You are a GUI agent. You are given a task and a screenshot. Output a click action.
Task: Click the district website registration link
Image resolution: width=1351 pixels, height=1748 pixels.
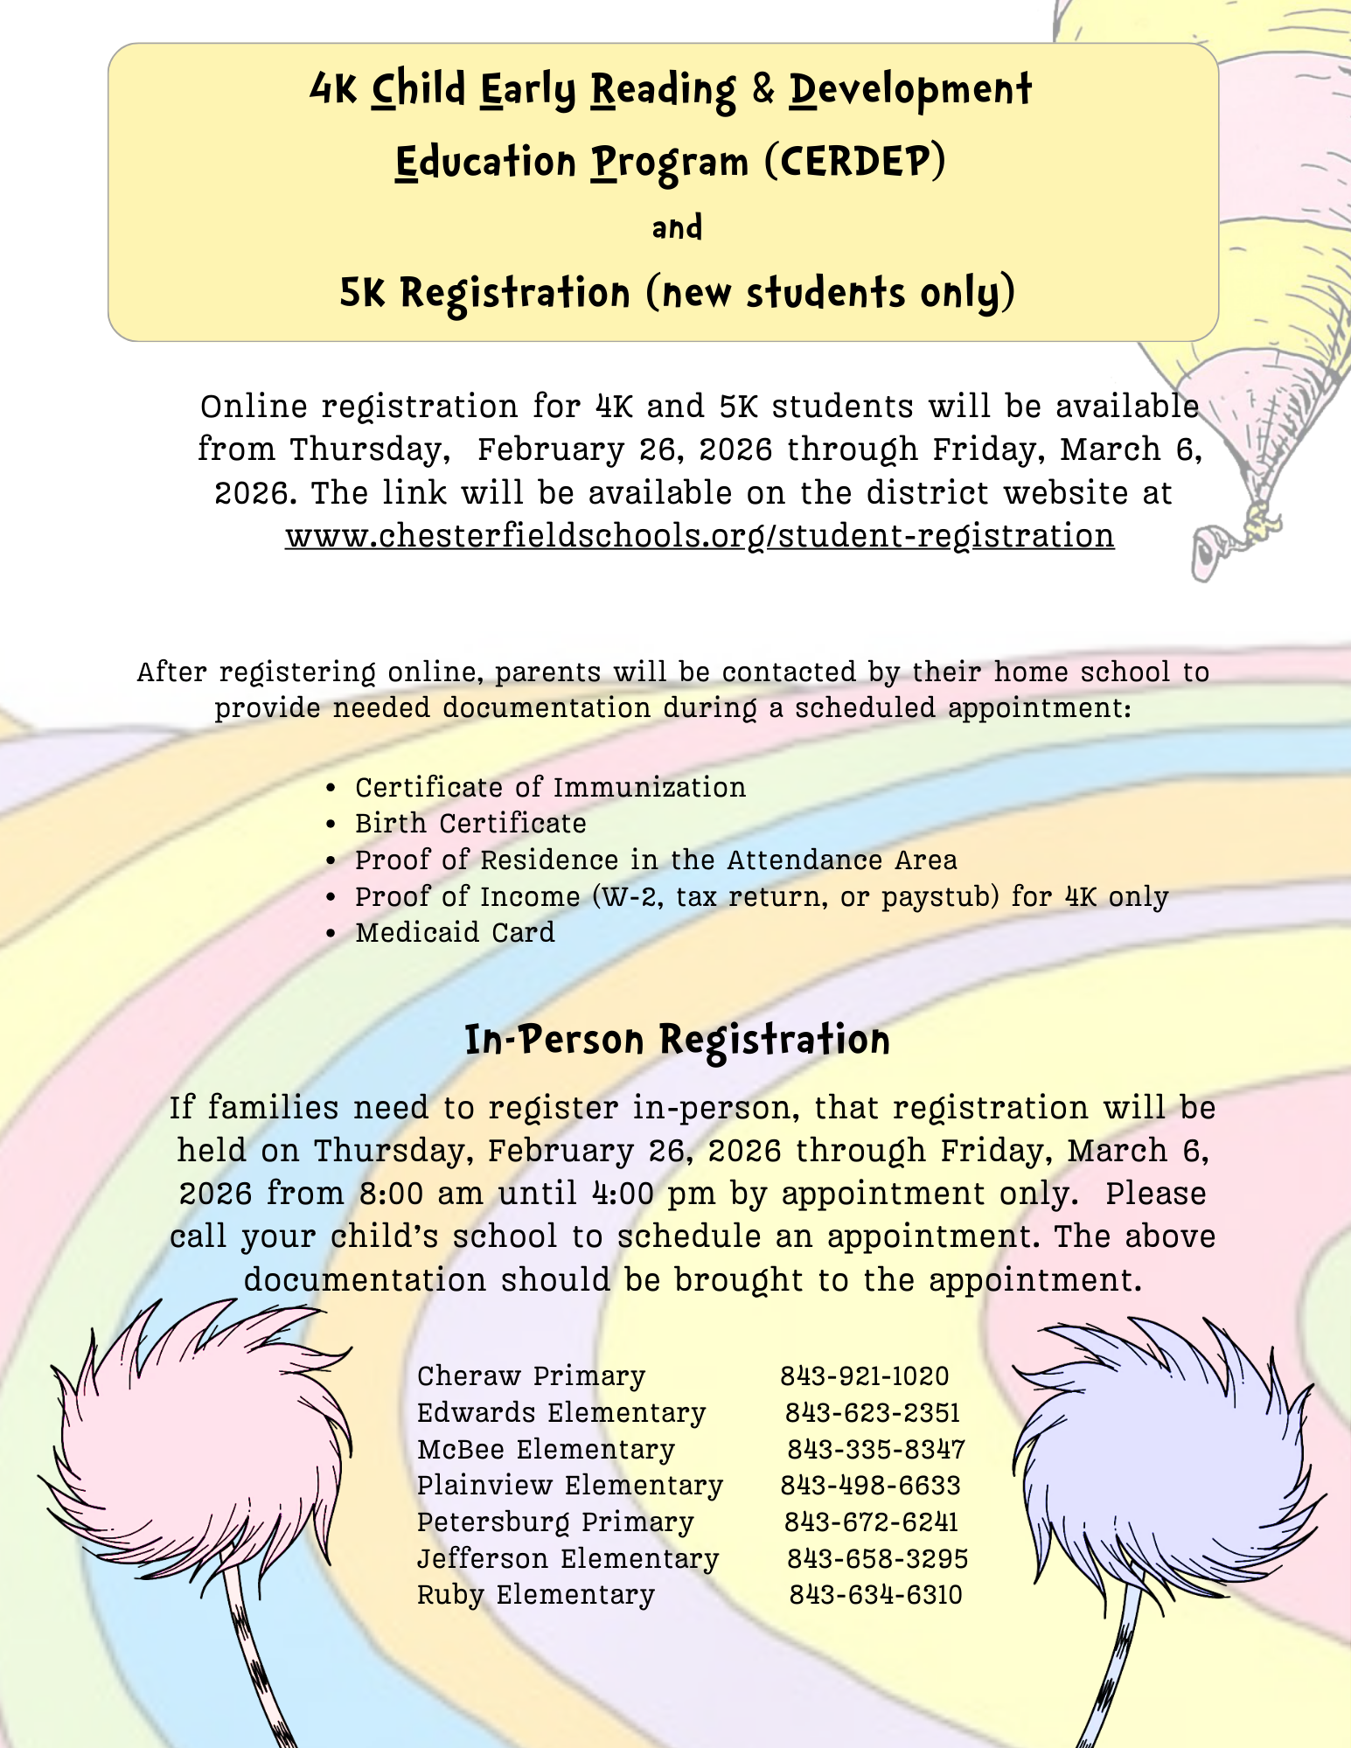700,535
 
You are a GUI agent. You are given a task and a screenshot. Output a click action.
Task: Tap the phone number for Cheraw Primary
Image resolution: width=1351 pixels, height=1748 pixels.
864,1375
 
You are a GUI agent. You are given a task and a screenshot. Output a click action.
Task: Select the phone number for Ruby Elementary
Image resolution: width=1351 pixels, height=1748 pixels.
875,1594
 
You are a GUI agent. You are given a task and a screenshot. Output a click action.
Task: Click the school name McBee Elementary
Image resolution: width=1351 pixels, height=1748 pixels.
546,1449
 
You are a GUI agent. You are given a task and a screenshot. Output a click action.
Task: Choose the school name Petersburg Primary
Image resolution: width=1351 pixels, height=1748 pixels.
555,1522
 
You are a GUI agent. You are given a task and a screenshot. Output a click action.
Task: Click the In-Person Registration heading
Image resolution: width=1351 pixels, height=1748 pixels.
677,1040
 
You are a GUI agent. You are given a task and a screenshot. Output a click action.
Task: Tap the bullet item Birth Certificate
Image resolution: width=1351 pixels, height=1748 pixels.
470,823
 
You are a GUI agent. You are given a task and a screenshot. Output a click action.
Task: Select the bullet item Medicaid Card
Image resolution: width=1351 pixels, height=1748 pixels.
455,932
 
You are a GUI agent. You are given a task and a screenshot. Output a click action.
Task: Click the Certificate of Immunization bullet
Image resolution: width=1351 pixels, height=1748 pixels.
550,787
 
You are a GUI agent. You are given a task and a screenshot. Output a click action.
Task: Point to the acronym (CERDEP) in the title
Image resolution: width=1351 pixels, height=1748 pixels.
854,161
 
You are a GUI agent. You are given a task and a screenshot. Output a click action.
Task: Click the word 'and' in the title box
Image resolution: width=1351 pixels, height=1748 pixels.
677,227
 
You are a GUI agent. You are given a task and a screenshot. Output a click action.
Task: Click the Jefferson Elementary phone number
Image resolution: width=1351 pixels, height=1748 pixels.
877,1558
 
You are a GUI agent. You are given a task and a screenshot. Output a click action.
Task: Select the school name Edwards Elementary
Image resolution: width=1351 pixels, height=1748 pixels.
561,1412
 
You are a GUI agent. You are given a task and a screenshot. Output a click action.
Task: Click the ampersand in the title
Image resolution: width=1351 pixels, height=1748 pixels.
763,89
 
